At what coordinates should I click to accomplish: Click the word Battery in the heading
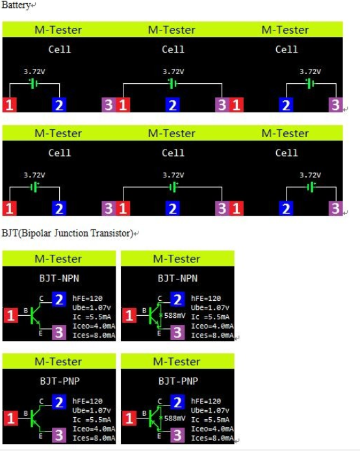[16, 5]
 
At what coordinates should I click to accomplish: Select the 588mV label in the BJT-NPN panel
[174, 316]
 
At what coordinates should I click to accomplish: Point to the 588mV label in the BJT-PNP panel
[174, 419]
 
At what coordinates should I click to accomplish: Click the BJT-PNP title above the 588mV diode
[178, 381]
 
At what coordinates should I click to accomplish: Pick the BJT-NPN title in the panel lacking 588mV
[59, 278]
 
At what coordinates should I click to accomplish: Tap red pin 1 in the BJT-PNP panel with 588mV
[129, 419]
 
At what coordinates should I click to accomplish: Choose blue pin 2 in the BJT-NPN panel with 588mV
[177, 299]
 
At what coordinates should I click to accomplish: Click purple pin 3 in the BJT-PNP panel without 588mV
[59, 435]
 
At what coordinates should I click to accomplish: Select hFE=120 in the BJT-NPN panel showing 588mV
[206, 298]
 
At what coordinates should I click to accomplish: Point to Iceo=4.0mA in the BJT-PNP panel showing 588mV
[212, 429]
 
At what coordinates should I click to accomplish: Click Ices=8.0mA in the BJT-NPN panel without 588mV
[94, 335]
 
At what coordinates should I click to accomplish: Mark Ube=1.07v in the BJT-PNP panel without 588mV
[92, 411]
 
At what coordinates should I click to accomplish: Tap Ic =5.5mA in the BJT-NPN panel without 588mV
[92, 317]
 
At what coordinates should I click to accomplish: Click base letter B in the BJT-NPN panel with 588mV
[144, 311]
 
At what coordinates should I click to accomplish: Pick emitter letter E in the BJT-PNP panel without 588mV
[40, 436]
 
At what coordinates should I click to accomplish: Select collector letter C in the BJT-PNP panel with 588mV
[160, 401]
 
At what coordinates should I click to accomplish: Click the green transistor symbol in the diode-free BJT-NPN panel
[35, 316]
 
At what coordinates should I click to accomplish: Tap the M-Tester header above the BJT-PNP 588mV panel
[177, 361]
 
